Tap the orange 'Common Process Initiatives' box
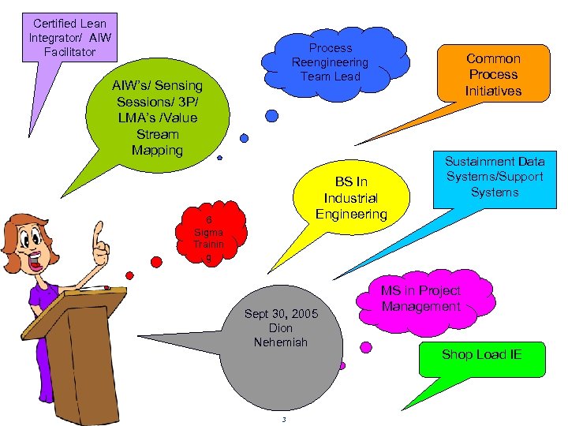(493, 74)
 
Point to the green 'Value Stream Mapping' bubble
(157, 118)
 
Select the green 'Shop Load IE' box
(481, 354)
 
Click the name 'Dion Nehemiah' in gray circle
(281, 335)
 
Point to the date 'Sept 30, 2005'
(281, 314)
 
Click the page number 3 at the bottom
(284, 419)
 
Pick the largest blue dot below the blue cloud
(271, 116)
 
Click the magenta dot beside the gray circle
(366, 346)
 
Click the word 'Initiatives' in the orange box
(493, 91)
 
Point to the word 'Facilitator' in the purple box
(69, 52)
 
